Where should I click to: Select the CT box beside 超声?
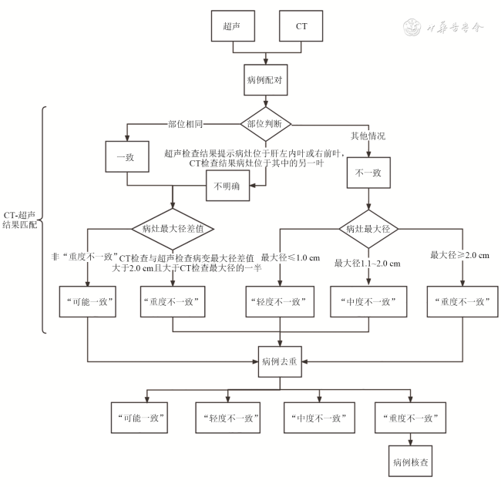[301, 28]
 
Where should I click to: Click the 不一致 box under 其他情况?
[369, 174]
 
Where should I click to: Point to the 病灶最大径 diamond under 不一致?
[369, 229]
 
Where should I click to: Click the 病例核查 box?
[409, 465]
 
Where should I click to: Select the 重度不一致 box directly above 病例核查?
[409, 418]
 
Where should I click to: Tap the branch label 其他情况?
[368, 136]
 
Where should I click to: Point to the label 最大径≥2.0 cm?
[460, 255]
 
